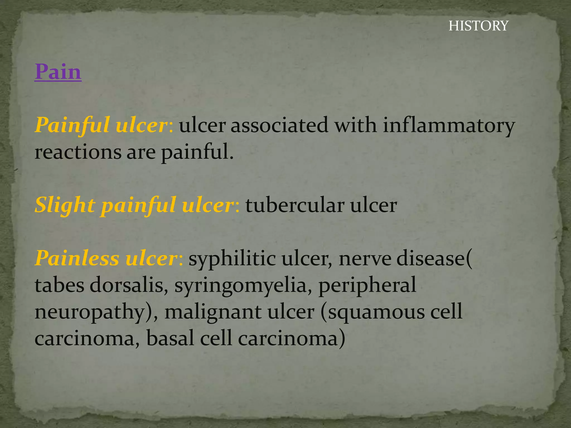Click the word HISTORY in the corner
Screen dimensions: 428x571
(x=478, y=26)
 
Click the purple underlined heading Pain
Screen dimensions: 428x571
(x=58, y=72)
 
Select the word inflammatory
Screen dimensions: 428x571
(x=449, y=125)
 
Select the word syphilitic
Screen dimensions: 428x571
(x=232, y=259)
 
